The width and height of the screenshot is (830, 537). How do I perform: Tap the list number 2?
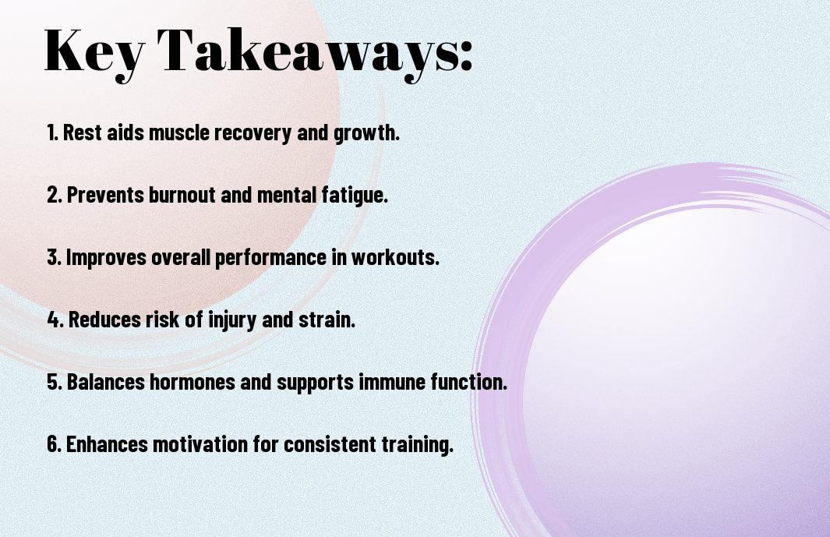pos(54,195)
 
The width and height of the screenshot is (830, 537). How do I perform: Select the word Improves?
pos(106,258)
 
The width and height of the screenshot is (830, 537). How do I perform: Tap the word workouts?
pos(395,257)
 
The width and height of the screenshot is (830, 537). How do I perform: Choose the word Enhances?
pos(107,444)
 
